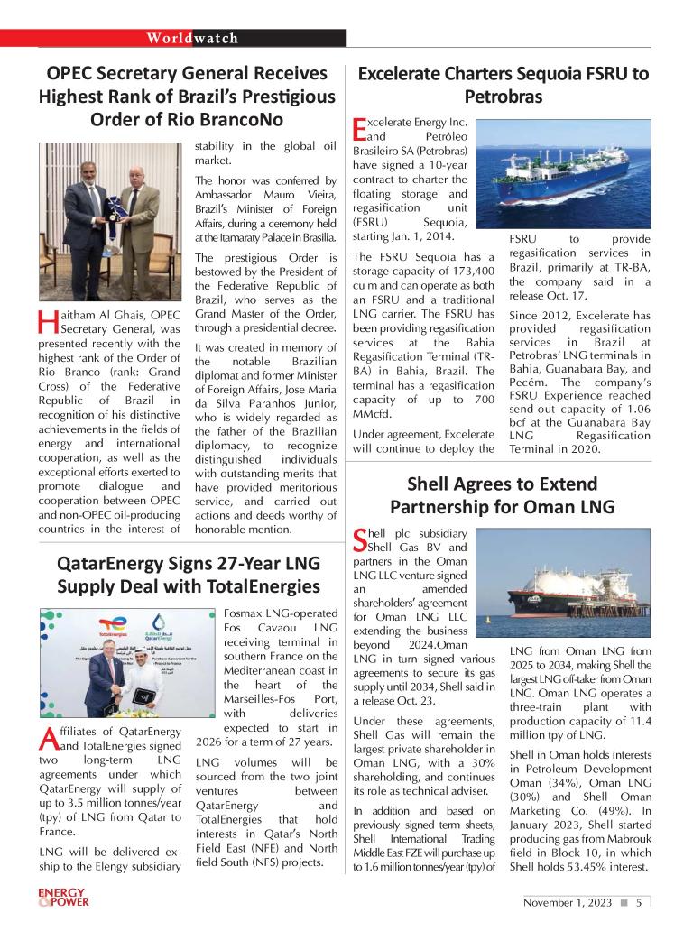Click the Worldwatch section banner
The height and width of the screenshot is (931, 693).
(192, 38)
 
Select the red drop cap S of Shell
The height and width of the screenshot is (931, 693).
(358, 539)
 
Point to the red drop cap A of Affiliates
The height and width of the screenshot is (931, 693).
(49, 739)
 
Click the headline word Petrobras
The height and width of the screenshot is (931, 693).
(504, 96)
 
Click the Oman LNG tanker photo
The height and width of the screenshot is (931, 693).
(575, 583)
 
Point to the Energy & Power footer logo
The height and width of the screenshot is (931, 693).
(63, 903)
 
